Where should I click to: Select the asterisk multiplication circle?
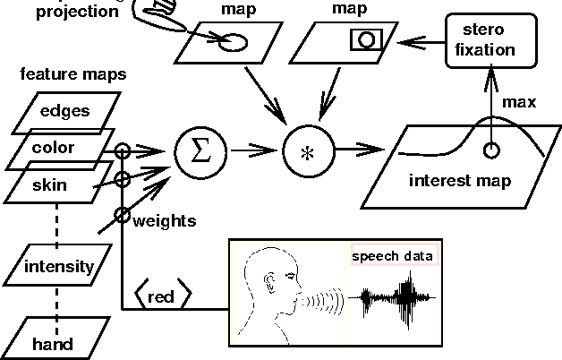coord(307,151)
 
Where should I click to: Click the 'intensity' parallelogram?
coord(58,266)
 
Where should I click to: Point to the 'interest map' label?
coord(459,181)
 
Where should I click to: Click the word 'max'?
coord(518,103)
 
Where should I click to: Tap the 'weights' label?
coord(164,220)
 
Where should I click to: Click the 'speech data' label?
coord(393,256)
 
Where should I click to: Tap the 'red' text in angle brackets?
coord(162,296)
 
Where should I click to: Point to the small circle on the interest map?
coord(490,150)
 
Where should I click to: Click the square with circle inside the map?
coord(365,39)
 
